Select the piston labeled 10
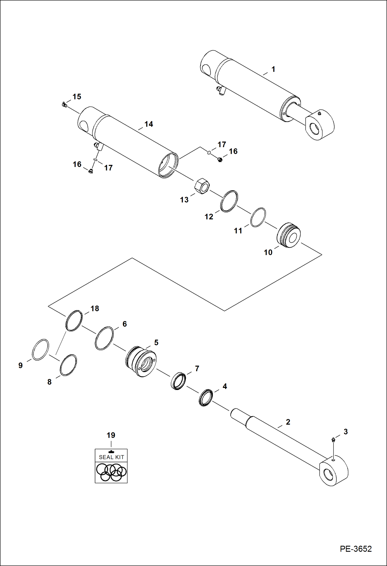[289, 235]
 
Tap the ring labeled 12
[229, 201]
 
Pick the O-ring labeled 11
[258, 217]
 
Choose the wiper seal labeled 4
[206, 397]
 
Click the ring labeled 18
[74, 321]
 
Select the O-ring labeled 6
[104, 338]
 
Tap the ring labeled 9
[41, 349]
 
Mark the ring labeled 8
[68, 365]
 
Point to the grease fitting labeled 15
[65, 105]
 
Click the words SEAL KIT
[111, 457]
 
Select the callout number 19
[111, 435]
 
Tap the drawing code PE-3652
[356, 549]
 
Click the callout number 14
[149, 124]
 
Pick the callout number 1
[273, 69]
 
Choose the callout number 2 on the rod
[288, 422]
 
